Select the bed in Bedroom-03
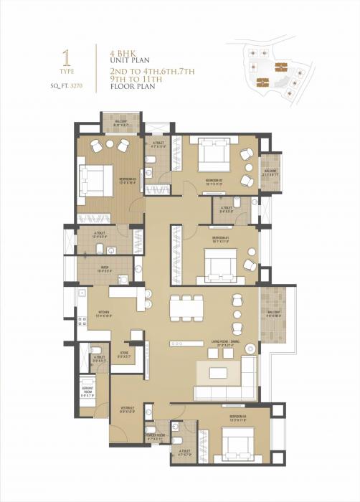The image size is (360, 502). click(95, 178)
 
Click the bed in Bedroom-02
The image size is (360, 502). click(210, 153)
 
